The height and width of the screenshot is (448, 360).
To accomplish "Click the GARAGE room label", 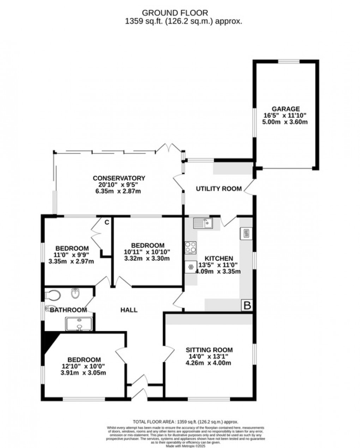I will point(286,109).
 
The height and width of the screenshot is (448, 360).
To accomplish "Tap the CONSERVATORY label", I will point(119,178).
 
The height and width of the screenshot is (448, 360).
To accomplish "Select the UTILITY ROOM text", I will point(219,189).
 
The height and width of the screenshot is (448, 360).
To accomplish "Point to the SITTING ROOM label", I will point(209,350).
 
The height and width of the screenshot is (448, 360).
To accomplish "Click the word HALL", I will point(129,310).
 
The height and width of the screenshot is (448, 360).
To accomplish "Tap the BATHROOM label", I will point(68,310).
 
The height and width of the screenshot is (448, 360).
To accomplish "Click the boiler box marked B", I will point(247,306).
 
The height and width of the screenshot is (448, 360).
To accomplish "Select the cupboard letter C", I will point(107,222).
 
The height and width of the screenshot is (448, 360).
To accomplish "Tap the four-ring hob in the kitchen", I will point(191,247).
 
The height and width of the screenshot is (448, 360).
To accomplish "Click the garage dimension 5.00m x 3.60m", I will point(285,122).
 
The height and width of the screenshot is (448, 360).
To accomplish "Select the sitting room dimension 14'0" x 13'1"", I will point(209,356).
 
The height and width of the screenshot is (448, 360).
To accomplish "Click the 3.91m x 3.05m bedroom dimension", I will point(84,373).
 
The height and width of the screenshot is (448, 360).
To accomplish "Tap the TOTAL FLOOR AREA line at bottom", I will point(185,422).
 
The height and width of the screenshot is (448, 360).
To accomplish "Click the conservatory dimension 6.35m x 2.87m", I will point(119,191).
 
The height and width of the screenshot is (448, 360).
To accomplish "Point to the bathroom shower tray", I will point(79,324).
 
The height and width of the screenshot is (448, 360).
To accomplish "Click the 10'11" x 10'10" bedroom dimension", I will point(148,252).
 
